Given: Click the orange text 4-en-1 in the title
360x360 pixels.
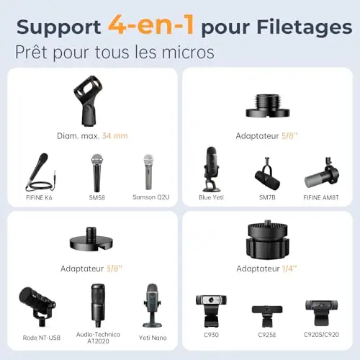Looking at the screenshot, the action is click(x=150, y=25).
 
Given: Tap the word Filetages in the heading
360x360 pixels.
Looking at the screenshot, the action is click(x=305, y=28).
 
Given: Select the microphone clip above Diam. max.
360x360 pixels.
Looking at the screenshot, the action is click(x=88, y=101).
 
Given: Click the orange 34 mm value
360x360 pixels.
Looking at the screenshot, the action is click(x=114, y=136).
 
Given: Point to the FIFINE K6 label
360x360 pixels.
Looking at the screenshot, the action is click(x=39, y=197).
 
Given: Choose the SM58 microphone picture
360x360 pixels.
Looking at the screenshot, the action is click(x=97, y=173).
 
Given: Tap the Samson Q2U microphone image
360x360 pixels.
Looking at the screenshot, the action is click(x=148, y=172).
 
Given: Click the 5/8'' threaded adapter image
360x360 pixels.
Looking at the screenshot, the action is click(x=268, y=106).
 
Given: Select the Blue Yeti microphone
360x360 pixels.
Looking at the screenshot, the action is click(x=212, y=169).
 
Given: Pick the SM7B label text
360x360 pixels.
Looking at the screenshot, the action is click(x=267, y=197).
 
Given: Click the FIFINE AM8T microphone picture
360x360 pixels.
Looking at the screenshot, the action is click(x=322, y=172).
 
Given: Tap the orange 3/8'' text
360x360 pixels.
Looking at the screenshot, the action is click(x=114, y=269).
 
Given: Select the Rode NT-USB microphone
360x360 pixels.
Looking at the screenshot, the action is click(x=37, y=306).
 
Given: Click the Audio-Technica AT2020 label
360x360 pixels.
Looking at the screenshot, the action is click(x=98, y=338).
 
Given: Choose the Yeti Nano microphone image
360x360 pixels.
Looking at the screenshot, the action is click(x=153, y=305).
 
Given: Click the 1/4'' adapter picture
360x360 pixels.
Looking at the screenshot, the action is click(x=266, y=240).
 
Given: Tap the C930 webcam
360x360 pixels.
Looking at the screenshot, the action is click(x=211, y=311).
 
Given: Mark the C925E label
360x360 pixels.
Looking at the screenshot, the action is click(x=267, y=335).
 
